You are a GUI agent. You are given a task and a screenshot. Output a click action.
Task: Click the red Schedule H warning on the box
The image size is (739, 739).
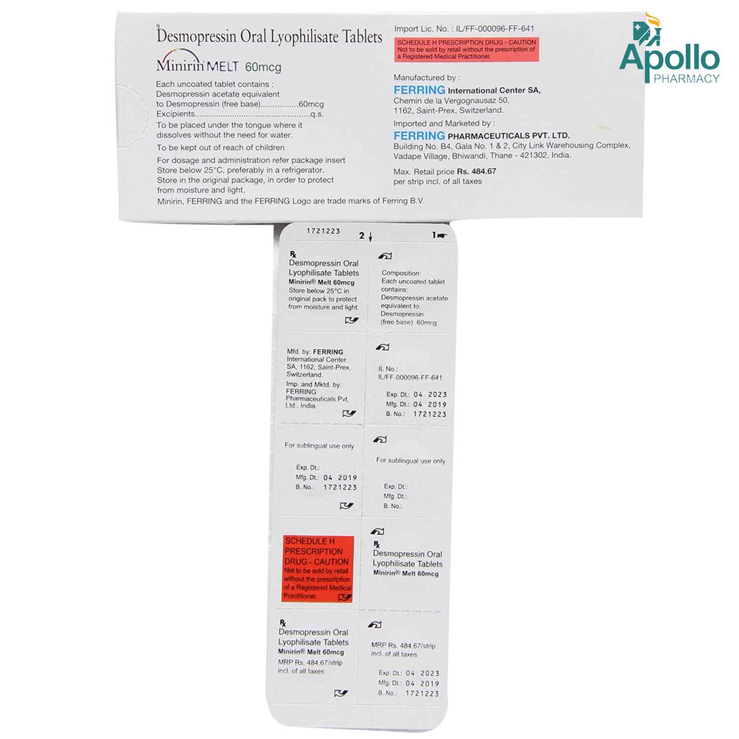pos(467,49)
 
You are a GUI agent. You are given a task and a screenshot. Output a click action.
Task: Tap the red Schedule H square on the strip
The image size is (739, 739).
pos(318,569)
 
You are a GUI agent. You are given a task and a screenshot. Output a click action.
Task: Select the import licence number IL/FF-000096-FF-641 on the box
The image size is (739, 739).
pos(495,29)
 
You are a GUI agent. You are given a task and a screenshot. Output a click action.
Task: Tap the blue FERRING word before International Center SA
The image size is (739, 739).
pos(419,90)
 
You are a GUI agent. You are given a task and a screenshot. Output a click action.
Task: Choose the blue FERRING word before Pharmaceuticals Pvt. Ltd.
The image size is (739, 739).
pos(419,135)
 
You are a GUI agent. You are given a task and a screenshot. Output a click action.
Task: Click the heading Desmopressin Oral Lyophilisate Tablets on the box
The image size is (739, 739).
pos(269,36)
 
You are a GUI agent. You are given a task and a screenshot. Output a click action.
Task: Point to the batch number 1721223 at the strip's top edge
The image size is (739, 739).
pos(323,231)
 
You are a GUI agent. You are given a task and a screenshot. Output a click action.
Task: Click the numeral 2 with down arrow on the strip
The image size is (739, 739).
pos(366,236)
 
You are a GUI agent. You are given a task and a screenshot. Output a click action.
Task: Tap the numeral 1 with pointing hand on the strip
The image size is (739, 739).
pos(439,235)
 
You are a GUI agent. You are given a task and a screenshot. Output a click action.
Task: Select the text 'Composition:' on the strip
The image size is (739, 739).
pos(401,273)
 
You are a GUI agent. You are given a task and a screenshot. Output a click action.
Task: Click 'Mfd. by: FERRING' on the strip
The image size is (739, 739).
pos(315,352)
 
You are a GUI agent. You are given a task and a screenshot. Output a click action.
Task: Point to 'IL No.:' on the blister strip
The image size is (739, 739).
pos(388,369)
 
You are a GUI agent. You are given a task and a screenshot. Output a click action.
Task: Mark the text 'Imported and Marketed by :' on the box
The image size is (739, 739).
pos(444,124)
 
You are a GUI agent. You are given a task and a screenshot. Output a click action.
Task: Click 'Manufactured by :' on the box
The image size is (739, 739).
pos(427,78)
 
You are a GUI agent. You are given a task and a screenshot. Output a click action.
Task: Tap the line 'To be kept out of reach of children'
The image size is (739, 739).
pos(220,148)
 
